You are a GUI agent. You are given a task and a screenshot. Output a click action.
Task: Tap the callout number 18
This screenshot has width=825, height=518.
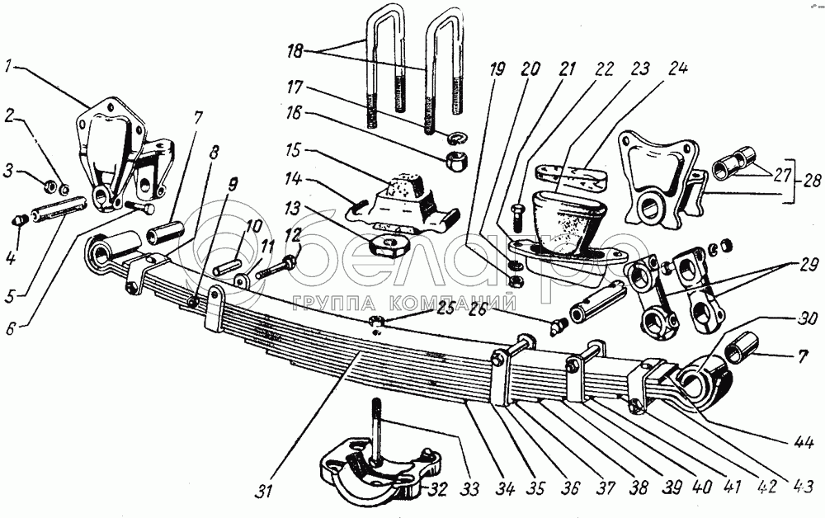click(295, 51)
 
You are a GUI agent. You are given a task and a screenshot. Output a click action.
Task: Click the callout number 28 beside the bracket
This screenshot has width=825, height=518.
click(813, 181)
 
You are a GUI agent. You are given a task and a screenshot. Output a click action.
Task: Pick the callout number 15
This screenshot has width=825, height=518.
click(294, 152)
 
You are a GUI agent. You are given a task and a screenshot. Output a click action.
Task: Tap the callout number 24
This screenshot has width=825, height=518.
click(677, 68)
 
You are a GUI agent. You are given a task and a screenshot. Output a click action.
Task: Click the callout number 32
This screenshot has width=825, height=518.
click(437, 490)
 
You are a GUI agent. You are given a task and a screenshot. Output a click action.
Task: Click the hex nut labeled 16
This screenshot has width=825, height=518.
click(455, 160)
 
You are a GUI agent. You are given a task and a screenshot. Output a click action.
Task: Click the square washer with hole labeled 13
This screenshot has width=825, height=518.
click(389, 244)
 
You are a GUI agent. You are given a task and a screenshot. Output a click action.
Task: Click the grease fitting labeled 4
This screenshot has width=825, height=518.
click(19, 220)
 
